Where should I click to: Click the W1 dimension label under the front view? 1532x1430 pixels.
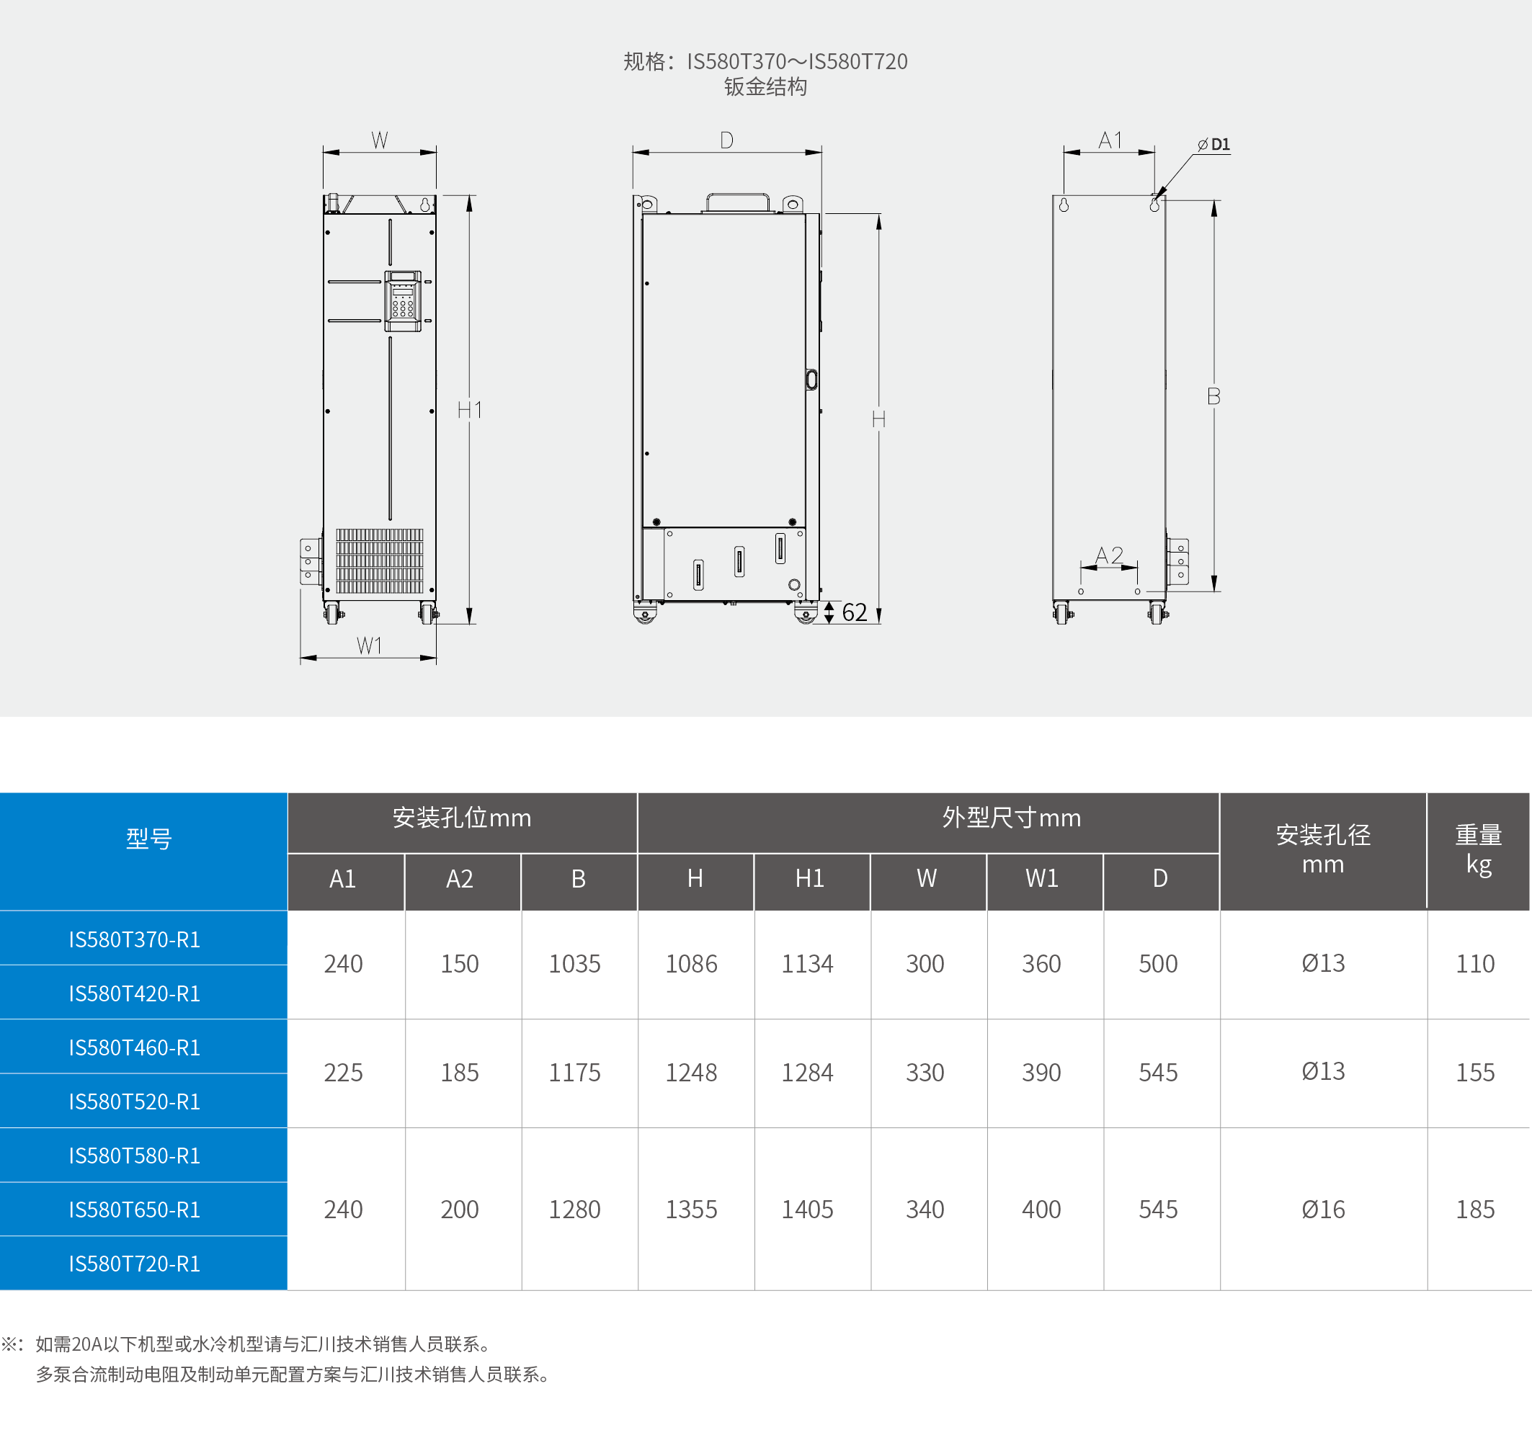(x=369, y=645)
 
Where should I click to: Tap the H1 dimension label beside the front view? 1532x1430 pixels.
(x=469, y=410)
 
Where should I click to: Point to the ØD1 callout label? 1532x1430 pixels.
(x=1213, y=145)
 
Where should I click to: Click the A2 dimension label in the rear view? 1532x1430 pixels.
(x=1109, y=555)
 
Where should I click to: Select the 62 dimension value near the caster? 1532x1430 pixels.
(x=855, y=612)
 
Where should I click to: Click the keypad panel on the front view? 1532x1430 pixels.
(x=403, y=300)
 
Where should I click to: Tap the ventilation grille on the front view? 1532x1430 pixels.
(x=380, y=561)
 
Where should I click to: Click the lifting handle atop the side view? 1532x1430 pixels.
(x=737, y=202)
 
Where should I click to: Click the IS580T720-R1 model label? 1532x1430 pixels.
(x=135, y=1264)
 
